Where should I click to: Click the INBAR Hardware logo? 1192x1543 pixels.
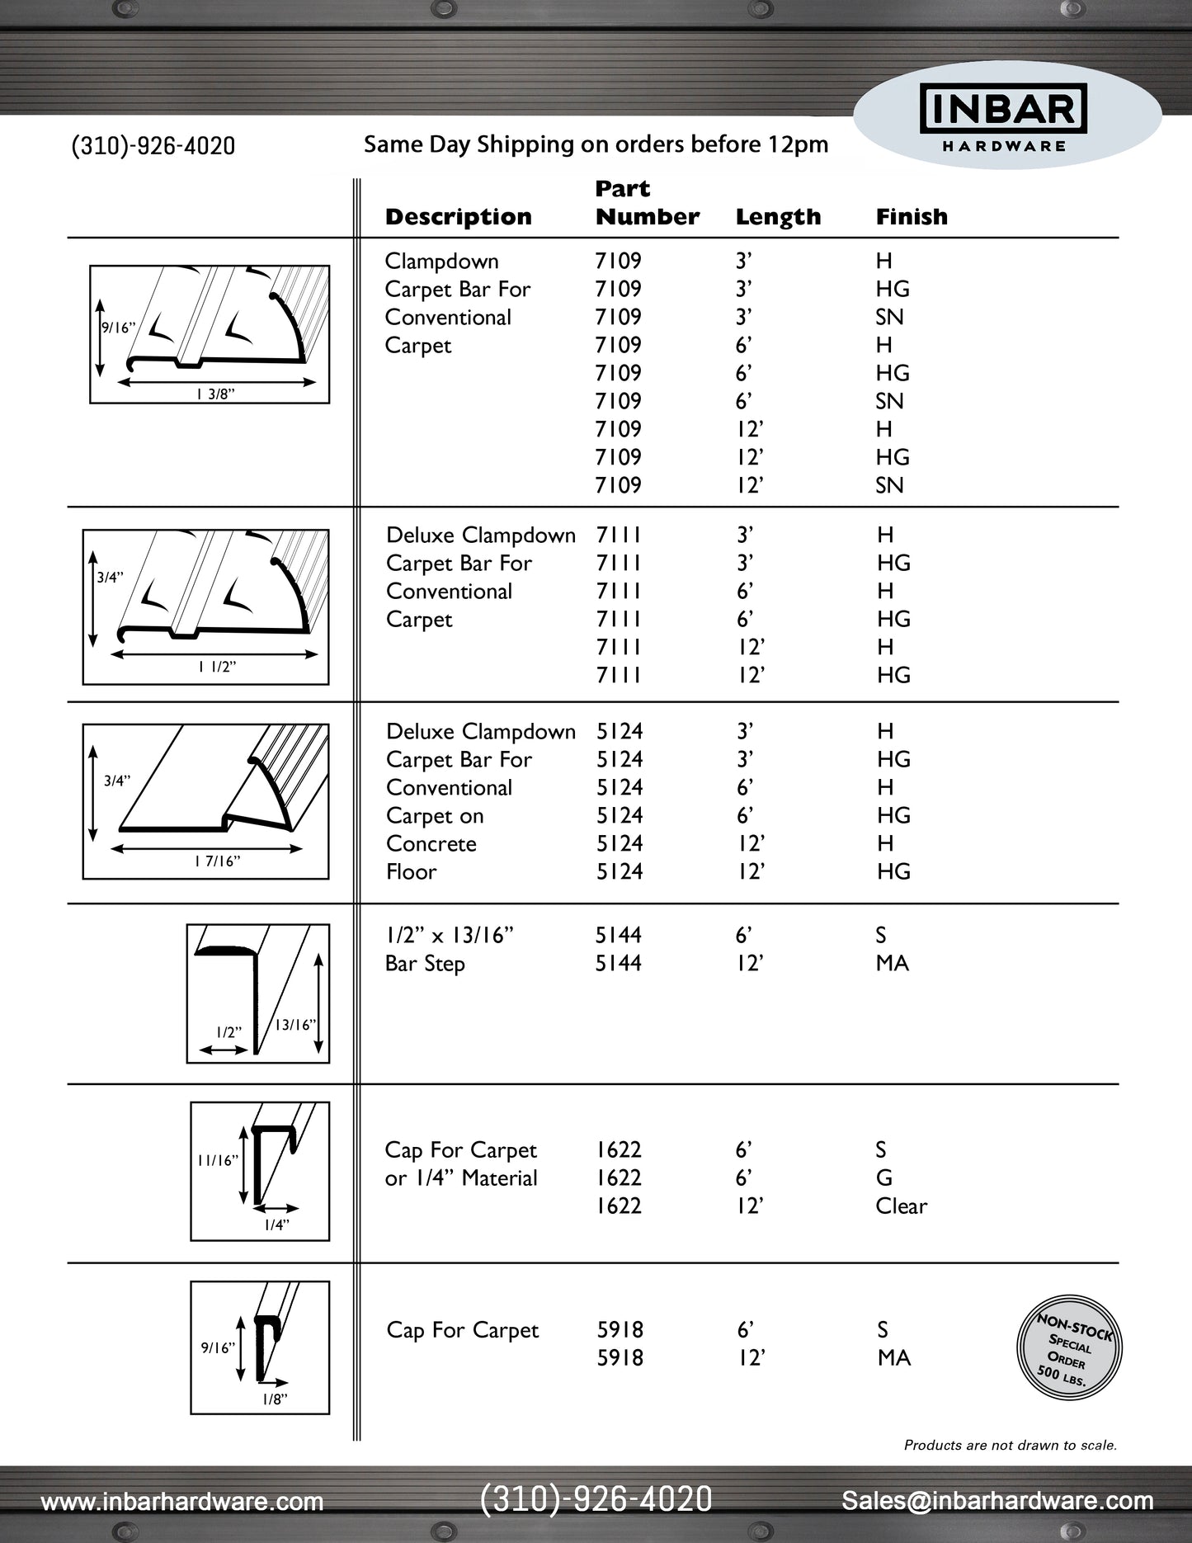pyautogui.click(x=1003, y=117)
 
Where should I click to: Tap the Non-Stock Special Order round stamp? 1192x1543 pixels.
pyautogui.click(x=1070, y=1347)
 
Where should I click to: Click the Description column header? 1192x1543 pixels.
pyautogui.click(x=458, y=217)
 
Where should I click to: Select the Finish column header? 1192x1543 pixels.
pyautogui.click(x=912, y=217)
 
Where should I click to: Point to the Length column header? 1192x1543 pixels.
pyautogui.click(x=778, y=217)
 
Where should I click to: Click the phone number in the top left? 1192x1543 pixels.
pyautogui.click(x=153, y=146)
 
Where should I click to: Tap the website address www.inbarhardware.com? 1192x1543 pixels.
pyautogui.click(x=182, y=1501)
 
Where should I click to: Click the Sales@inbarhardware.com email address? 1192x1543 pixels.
pyautogui.click(x=997, y=1501)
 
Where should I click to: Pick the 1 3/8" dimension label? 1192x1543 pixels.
pyautogui.click(x=215, y=394)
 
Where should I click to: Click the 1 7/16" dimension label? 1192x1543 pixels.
pyautogui.click(x=217, y=861)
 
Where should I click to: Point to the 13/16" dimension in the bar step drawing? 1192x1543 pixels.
pyautogui.click(x=294, y=1025)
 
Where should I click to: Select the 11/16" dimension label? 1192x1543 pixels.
pyautogui.click(x=218, y=1160)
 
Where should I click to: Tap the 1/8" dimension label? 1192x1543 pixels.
pyautogui.click(x=275, y=1399)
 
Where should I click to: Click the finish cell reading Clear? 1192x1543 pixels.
pyautogui.click(x=901, y=1206)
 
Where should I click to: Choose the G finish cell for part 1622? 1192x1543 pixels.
pyautogui.click(x=883, y=1178)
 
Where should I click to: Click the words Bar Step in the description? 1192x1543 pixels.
pyautogui.click(x=425, y=964)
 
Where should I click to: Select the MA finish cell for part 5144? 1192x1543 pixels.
pyautogui.click(x=892, y=964)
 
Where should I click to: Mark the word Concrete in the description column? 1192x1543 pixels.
pyautogui.click(x=431, y=844)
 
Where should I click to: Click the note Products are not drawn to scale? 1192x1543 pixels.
pyautogui.click(x=1010, y=1445)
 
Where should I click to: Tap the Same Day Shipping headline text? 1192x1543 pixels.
pyautogui.click(x=596, y=144)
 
